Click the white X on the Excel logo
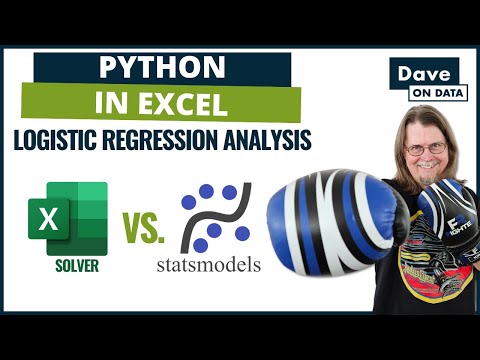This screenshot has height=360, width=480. click(x=45, y=217)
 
